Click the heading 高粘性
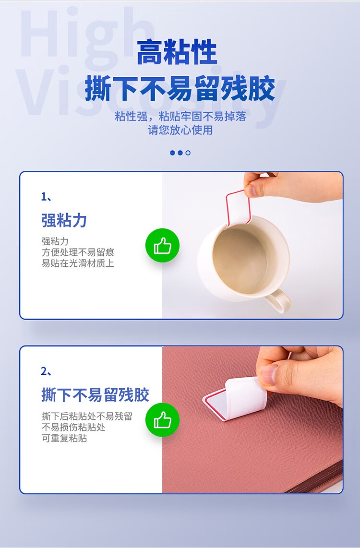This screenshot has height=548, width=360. click(x=177, y=52)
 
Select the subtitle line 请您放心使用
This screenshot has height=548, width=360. click(x=180, y=130)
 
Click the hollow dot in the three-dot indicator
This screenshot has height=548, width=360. click(x=188, y=153)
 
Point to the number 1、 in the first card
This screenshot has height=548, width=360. click(x=47, y=197)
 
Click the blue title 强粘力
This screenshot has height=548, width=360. click(x=64, y=220)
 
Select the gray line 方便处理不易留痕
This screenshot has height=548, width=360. click(x=78, y=252)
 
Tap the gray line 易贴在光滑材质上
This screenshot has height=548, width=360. click(x=78, y=263)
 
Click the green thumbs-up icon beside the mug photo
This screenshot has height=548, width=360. click(x=163, y=245)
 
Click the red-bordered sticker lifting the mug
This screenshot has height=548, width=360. click(x=239, y=208)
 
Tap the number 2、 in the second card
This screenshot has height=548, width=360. click(x=47, y=371)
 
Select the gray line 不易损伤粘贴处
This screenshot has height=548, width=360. click(x=73, y=427)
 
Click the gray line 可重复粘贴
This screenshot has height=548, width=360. click(x=64, y=438)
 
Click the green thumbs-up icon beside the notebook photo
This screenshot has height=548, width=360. click(x=163, y=420)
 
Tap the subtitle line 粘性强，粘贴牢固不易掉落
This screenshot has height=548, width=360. click(x=180, y=117)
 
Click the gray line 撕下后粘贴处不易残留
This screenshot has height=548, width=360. click(x=87, y=416)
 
